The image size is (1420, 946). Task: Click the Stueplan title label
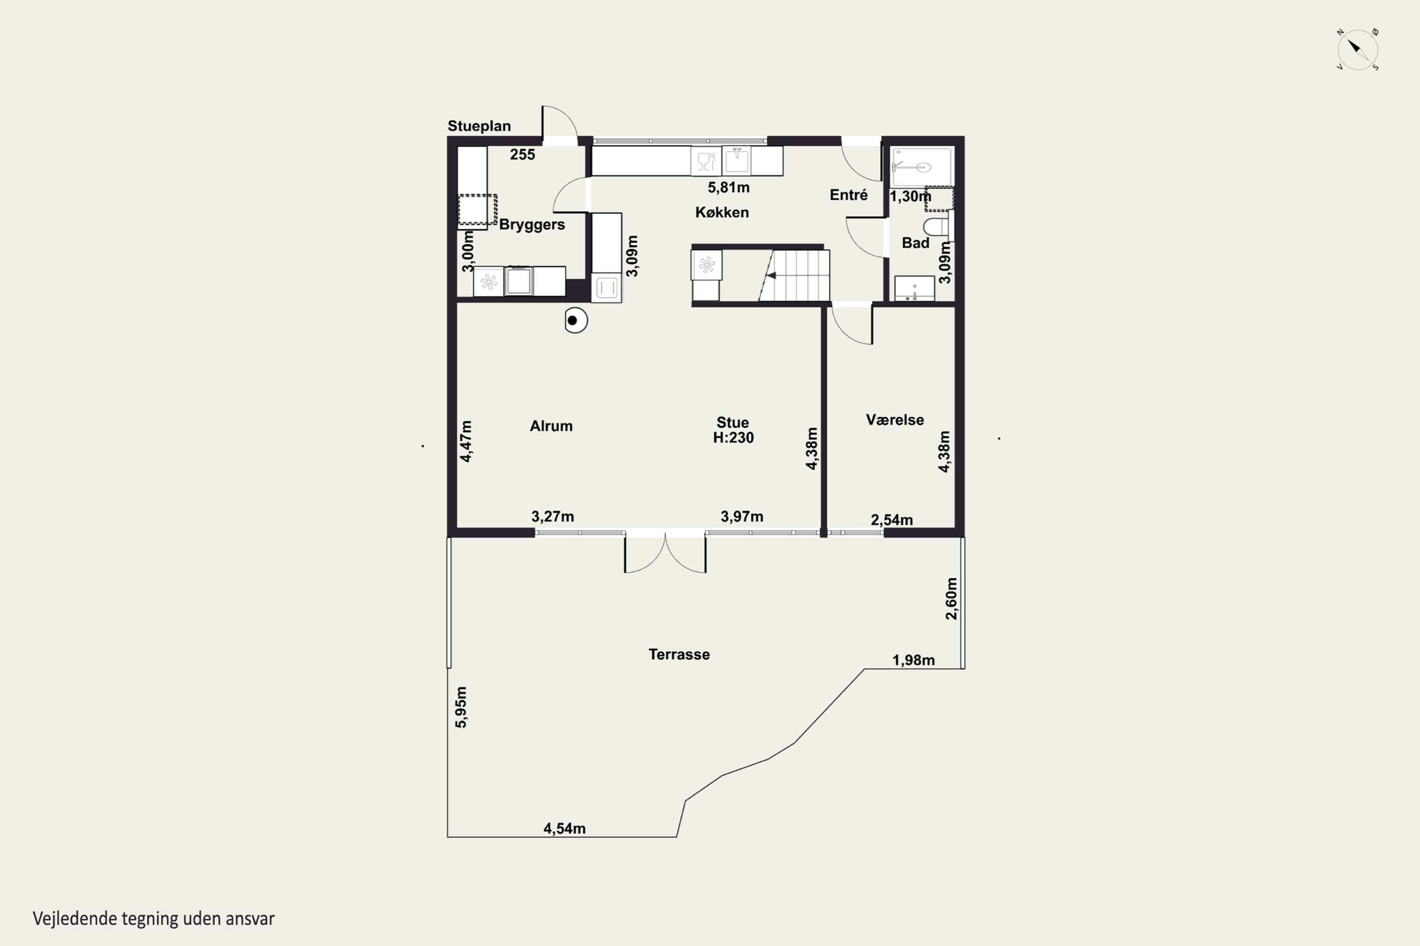(479, 126)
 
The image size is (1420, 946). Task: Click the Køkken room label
(722, 212)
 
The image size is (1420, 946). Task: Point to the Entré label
(848, 195)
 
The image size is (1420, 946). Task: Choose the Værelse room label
(895, 420)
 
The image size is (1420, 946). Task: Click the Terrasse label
(679, 655)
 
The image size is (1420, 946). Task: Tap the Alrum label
(551, 426)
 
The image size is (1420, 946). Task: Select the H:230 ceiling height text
(734, 438)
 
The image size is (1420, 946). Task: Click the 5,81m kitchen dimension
(729, 188)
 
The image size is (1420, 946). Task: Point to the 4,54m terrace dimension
(565, 828)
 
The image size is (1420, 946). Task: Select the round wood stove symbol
(576, 320)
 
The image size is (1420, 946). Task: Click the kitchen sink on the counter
(737, 160)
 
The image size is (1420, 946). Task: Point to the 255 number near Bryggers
(522, 155)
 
